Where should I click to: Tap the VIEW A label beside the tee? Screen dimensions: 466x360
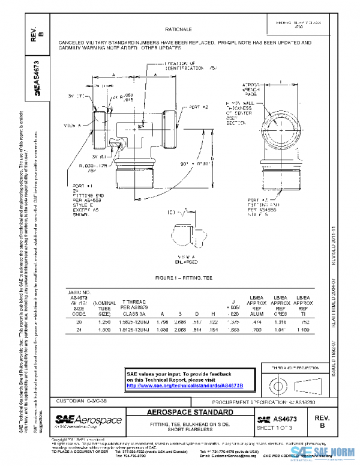coord(72,126)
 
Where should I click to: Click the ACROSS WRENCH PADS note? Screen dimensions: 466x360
coord(251,89)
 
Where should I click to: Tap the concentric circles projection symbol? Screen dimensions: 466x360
coord(277,383)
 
